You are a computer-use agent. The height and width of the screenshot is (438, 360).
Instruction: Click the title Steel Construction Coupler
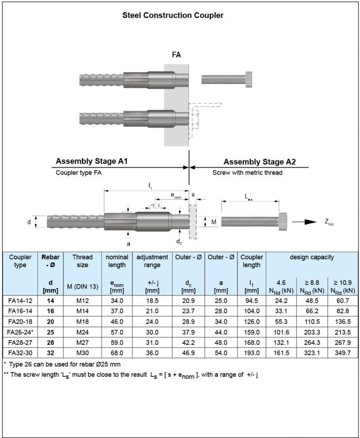pyautogui.click(x=173, y=15)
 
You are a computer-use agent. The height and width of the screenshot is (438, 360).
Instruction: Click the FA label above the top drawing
pyautogui.click(x=176, y=55)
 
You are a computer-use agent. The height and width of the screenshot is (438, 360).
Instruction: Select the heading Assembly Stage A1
pyautogui.click(x=92, y=161)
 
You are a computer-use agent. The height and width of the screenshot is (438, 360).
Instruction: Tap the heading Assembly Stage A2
pyautogui.click(x=259, y=162)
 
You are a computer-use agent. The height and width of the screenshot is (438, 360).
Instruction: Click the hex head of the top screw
pyautogui.click(x=249, y=80)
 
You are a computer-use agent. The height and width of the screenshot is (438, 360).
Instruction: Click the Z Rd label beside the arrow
pyautogui.click(x=329, y=222)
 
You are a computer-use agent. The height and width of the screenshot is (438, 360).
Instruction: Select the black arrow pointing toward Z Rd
pyautogui.click(x=304, y=222)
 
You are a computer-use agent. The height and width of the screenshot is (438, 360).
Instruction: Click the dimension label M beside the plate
pyautogui.click(x=214, y=222)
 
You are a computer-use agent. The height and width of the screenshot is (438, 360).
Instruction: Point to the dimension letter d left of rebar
pyautogui.click(x=29, y=222)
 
